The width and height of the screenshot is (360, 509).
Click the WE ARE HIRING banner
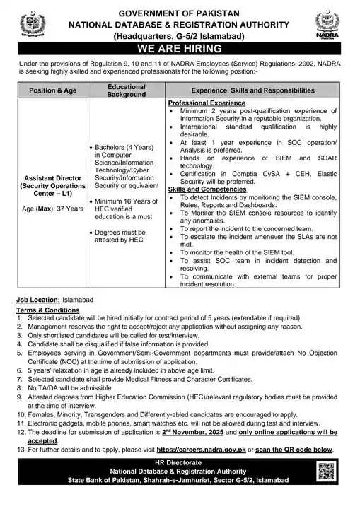click(180, 49)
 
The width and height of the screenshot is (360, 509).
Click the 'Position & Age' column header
click(50, 90)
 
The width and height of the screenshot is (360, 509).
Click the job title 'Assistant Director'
click(50, 179)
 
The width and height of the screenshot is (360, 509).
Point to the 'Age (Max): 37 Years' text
click(50, 209)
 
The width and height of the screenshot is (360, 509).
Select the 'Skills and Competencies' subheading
click(201, 189)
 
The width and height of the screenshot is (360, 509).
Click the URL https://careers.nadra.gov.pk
click(228, 450)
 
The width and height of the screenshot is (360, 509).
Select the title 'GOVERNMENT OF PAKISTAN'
click(180, 13)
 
